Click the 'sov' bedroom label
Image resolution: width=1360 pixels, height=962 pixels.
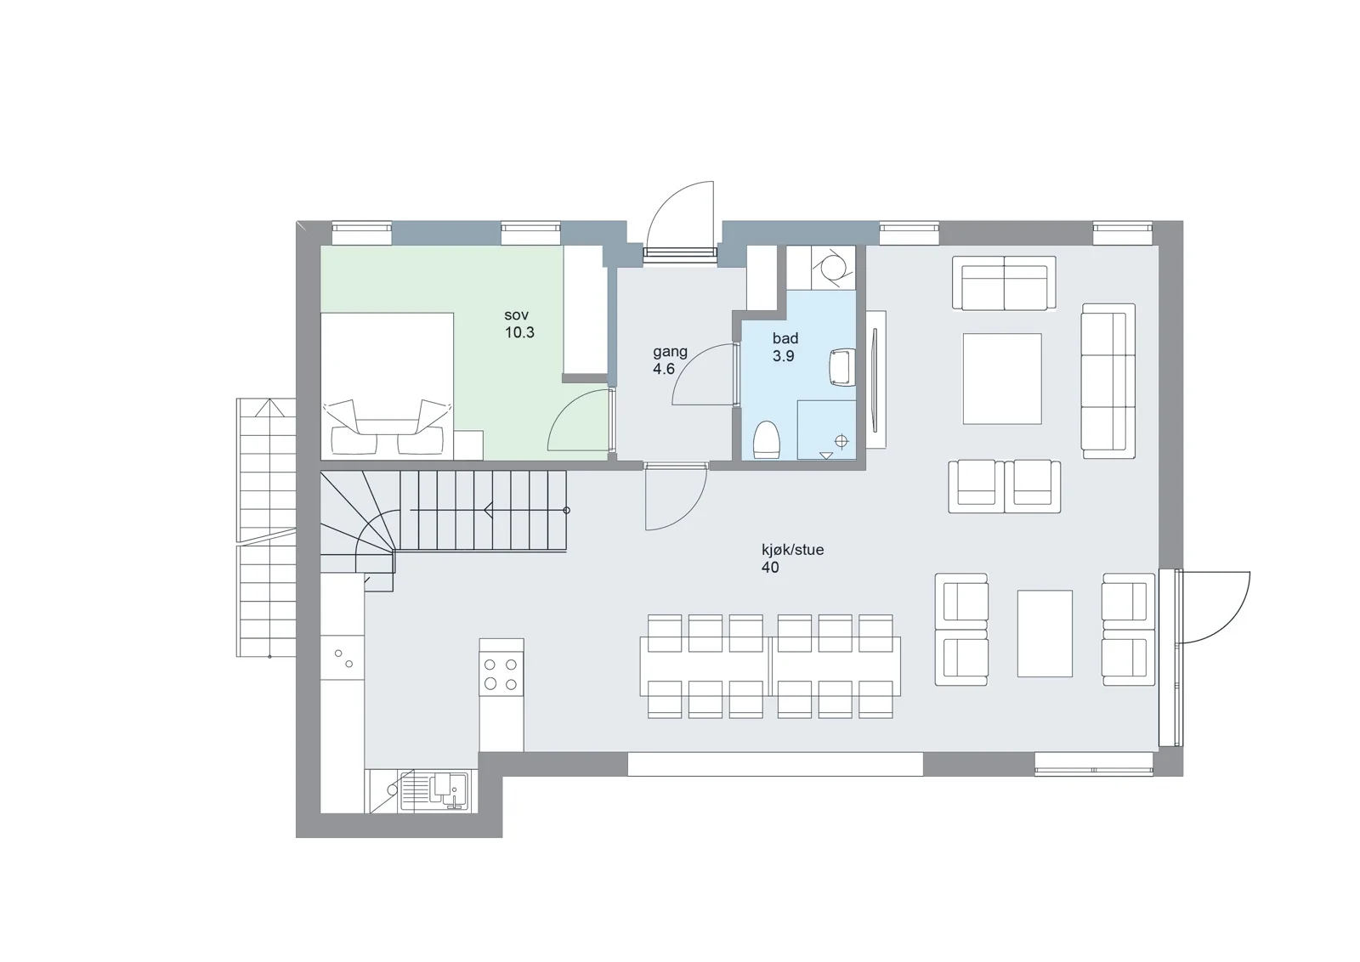(516, 315)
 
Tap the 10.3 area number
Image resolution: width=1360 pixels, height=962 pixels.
(519, 332)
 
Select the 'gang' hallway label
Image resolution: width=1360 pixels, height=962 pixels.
(671, 352)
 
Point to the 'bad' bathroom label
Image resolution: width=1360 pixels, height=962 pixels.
(785, 338)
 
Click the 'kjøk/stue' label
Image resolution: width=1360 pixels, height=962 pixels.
(793, 551)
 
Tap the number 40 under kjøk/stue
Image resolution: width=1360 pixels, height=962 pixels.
(770, 568)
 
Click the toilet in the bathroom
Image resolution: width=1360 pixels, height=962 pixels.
(766, 440)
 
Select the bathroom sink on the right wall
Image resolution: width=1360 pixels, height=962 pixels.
(842, 367)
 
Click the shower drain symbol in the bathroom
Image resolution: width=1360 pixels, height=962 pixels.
(841, 441)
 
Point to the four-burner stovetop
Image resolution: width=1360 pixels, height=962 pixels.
(501, 675)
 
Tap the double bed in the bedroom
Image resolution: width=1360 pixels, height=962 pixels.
(387, 386)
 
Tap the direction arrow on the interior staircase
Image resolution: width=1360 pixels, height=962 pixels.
(488, 511)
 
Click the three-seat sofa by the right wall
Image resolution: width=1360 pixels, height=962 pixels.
(1108, 381)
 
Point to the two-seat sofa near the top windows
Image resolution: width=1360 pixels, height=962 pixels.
(1004, 283)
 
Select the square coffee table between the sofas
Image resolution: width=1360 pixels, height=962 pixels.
(1002, 379)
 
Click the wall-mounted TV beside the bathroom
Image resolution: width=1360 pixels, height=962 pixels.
(875, 381)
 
